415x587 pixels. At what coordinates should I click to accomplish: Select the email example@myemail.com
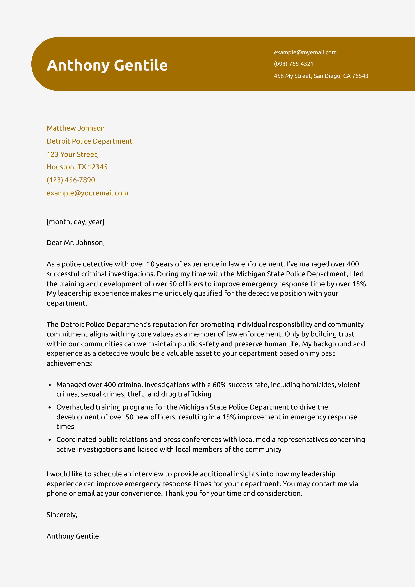[305, 52]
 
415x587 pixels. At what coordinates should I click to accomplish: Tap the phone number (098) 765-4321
[293, 64]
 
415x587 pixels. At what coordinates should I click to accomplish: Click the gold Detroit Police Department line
[89, 141]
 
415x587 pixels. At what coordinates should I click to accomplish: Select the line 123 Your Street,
[73, 154]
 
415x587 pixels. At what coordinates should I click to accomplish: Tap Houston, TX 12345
[77, 167]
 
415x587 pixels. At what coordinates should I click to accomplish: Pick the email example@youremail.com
[87, 193]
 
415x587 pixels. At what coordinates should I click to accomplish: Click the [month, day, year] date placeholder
[75, 222]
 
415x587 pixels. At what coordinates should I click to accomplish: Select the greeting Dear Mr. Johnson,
[75, 243]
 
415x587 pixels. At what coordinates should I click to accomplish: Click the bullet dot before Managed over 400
[50, 385]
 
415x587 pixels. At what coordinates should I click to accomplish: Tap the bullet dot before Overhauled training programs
[50, 407]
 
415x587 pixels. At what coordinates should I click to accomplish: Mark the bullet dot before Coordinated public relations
[50, 440]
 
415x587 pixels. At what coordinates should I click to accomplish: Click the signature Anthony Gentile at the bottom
[73, 536]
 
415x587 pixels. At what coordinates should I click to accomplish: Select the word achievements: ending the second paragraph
[70, 363]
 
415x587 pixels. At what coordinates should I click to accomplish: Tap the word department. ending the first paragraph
[67, 303]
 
